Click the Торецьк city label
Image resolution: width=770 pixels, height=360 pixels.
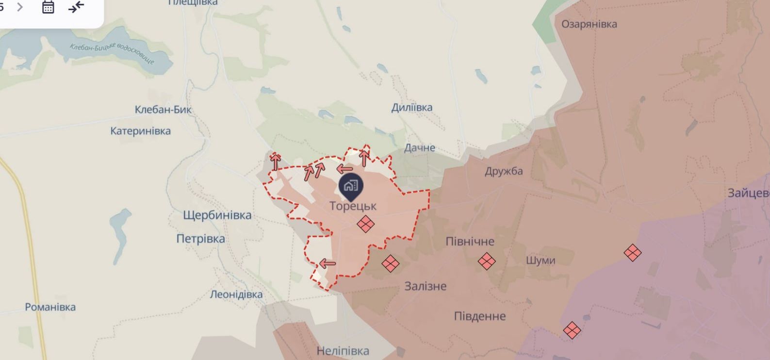pyautogui.click(x=353, y=206)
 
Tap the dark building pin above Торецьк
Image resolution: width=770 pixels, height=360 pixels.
pyautogui.click(x=351, y=186)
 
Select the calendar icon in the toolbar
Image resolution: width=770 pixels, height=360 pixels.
pyautogui.click(x=48, y=7)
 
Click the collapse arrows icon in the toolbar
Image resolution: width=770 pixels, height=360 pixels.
pyautogui.click(x=76, y=7)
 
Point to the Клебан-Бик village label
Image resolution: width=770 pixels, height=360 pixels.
pyautogui.click(x=163, y=110)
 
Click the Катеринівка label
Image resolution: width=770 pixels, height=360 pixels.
pyautogui.click(x=140, y=131)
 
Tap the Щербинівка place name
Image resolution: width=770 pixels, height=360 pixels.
pyautogui.click(x=217, y=215)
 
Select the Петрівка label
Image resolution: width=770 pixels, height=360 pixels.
pyautogui.click(x=200, y=239)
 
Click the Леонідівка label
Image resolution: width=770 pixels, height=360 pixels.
pyautogui.click(x=236, y=295)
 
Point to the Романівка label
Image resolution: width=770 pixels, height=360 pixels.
pyautogui.click(x=50, y=307)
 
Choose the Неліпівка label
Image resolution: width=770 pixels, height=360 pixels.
pyautogui.click(x=343, y=351)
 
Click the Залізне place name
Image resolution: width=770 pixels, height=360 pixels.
pyautogui.click(x=426, y=286)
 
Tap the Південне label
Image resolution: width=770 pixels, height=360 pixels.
pyautogui.click(x=479, y=316)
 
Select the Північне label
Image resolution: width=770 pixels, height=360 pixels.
pyautogui.click(x=470, y=242)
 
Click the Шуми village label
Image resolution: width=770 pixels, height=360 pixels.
pyautogui.click(x=541, y=261)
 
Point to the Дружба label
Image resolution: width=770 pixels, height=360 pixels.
pyautogui.click(x=504, y=171)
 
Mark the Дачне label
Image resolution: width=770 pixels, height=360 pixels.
pyautogui.click(x=420, y=147)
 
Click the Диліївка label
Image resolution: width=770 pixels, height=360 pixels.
pyautogui.click(x=411, y=108)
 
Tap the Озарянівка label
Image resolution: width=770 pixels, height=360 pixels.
pyautogui.click(x=589, y=24)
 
